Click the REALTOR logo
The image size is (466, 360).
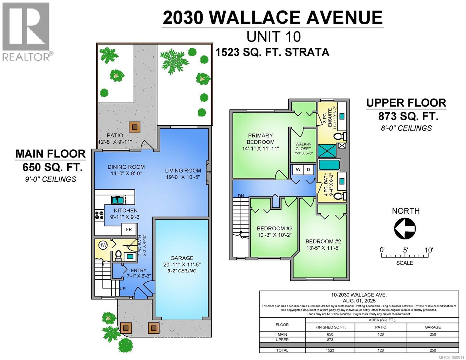click(x=27, y=32)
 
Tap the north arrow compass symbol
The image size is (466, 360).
click(x=405, y=228)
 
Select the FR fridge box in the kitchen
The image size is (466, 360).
click(x=129, y=229)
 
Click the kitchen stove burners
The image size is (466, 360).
click(x=99, y=215)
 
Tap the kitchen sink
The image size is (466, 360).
click(x=118, y=200)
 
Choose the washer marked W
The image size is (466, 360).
click(x=298, y=169)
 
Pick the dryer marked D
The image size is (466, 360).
click(x=308, y=169)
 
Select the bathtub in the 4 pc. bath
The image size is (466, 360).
click(x=329, y=165)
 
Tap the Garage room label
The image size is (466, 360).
click(x=182, y=258)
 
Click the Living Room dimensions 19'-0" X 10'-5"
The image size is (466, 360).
click(x=183, y=177)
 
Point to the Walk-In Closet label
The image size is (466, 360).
click(x=303, y=146)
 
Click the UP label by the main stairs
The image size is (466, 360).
click(x=122, y=289)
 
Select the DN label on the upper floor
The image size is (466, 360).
click(x=241, y=196)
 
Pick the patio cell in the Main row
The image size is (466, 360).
click(x=381, y=334)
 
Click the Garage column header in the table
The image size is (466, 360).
click(x=433, y=327)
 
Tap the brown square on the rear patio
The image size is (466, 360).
click(x=135, y=127)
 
